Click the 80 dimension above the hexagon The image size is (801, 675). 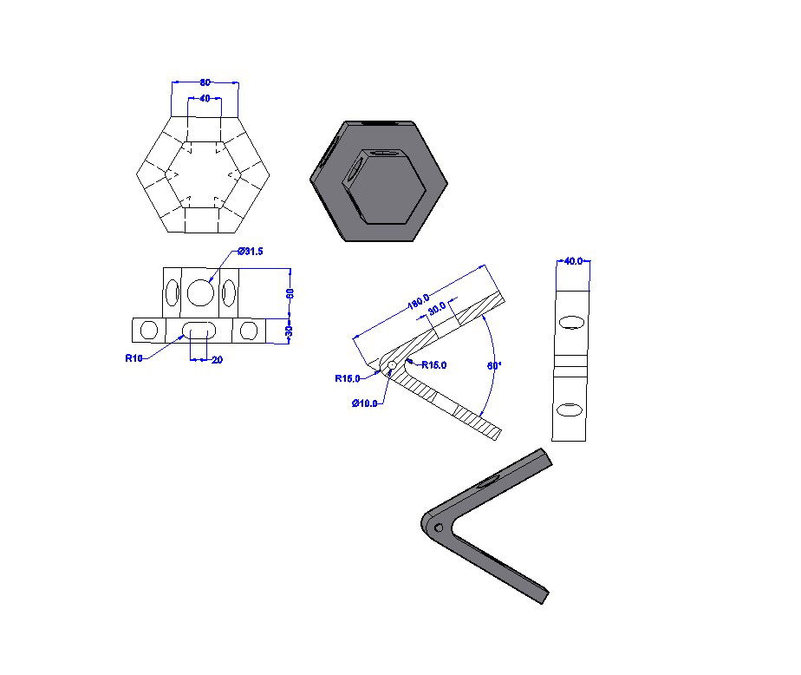(205, 82)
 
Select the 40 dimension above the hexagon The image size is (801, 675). (205, 99)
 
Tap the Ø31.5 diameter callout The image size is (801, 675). (251, 252)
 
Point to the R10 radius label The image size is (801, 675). (133, 357)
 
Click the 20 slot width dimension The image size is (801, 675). (216, 359)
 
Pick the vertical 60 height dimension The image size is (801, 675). (291, 292)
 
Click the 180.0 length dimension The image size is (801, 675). (420, 302)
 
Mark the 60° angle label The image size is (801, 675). (493, 366)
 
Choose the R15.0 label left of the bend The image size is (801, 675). (348, 378)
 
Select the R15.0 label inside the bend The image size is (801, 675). (433, 365)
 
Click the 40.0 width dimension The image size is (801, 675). (573, 260)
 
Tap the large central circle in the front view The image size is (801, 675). (201, 292)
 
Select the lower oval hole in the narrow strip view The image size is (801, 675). (570, 409)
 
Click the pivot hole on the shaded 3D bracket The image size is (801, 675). (439, 527)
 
